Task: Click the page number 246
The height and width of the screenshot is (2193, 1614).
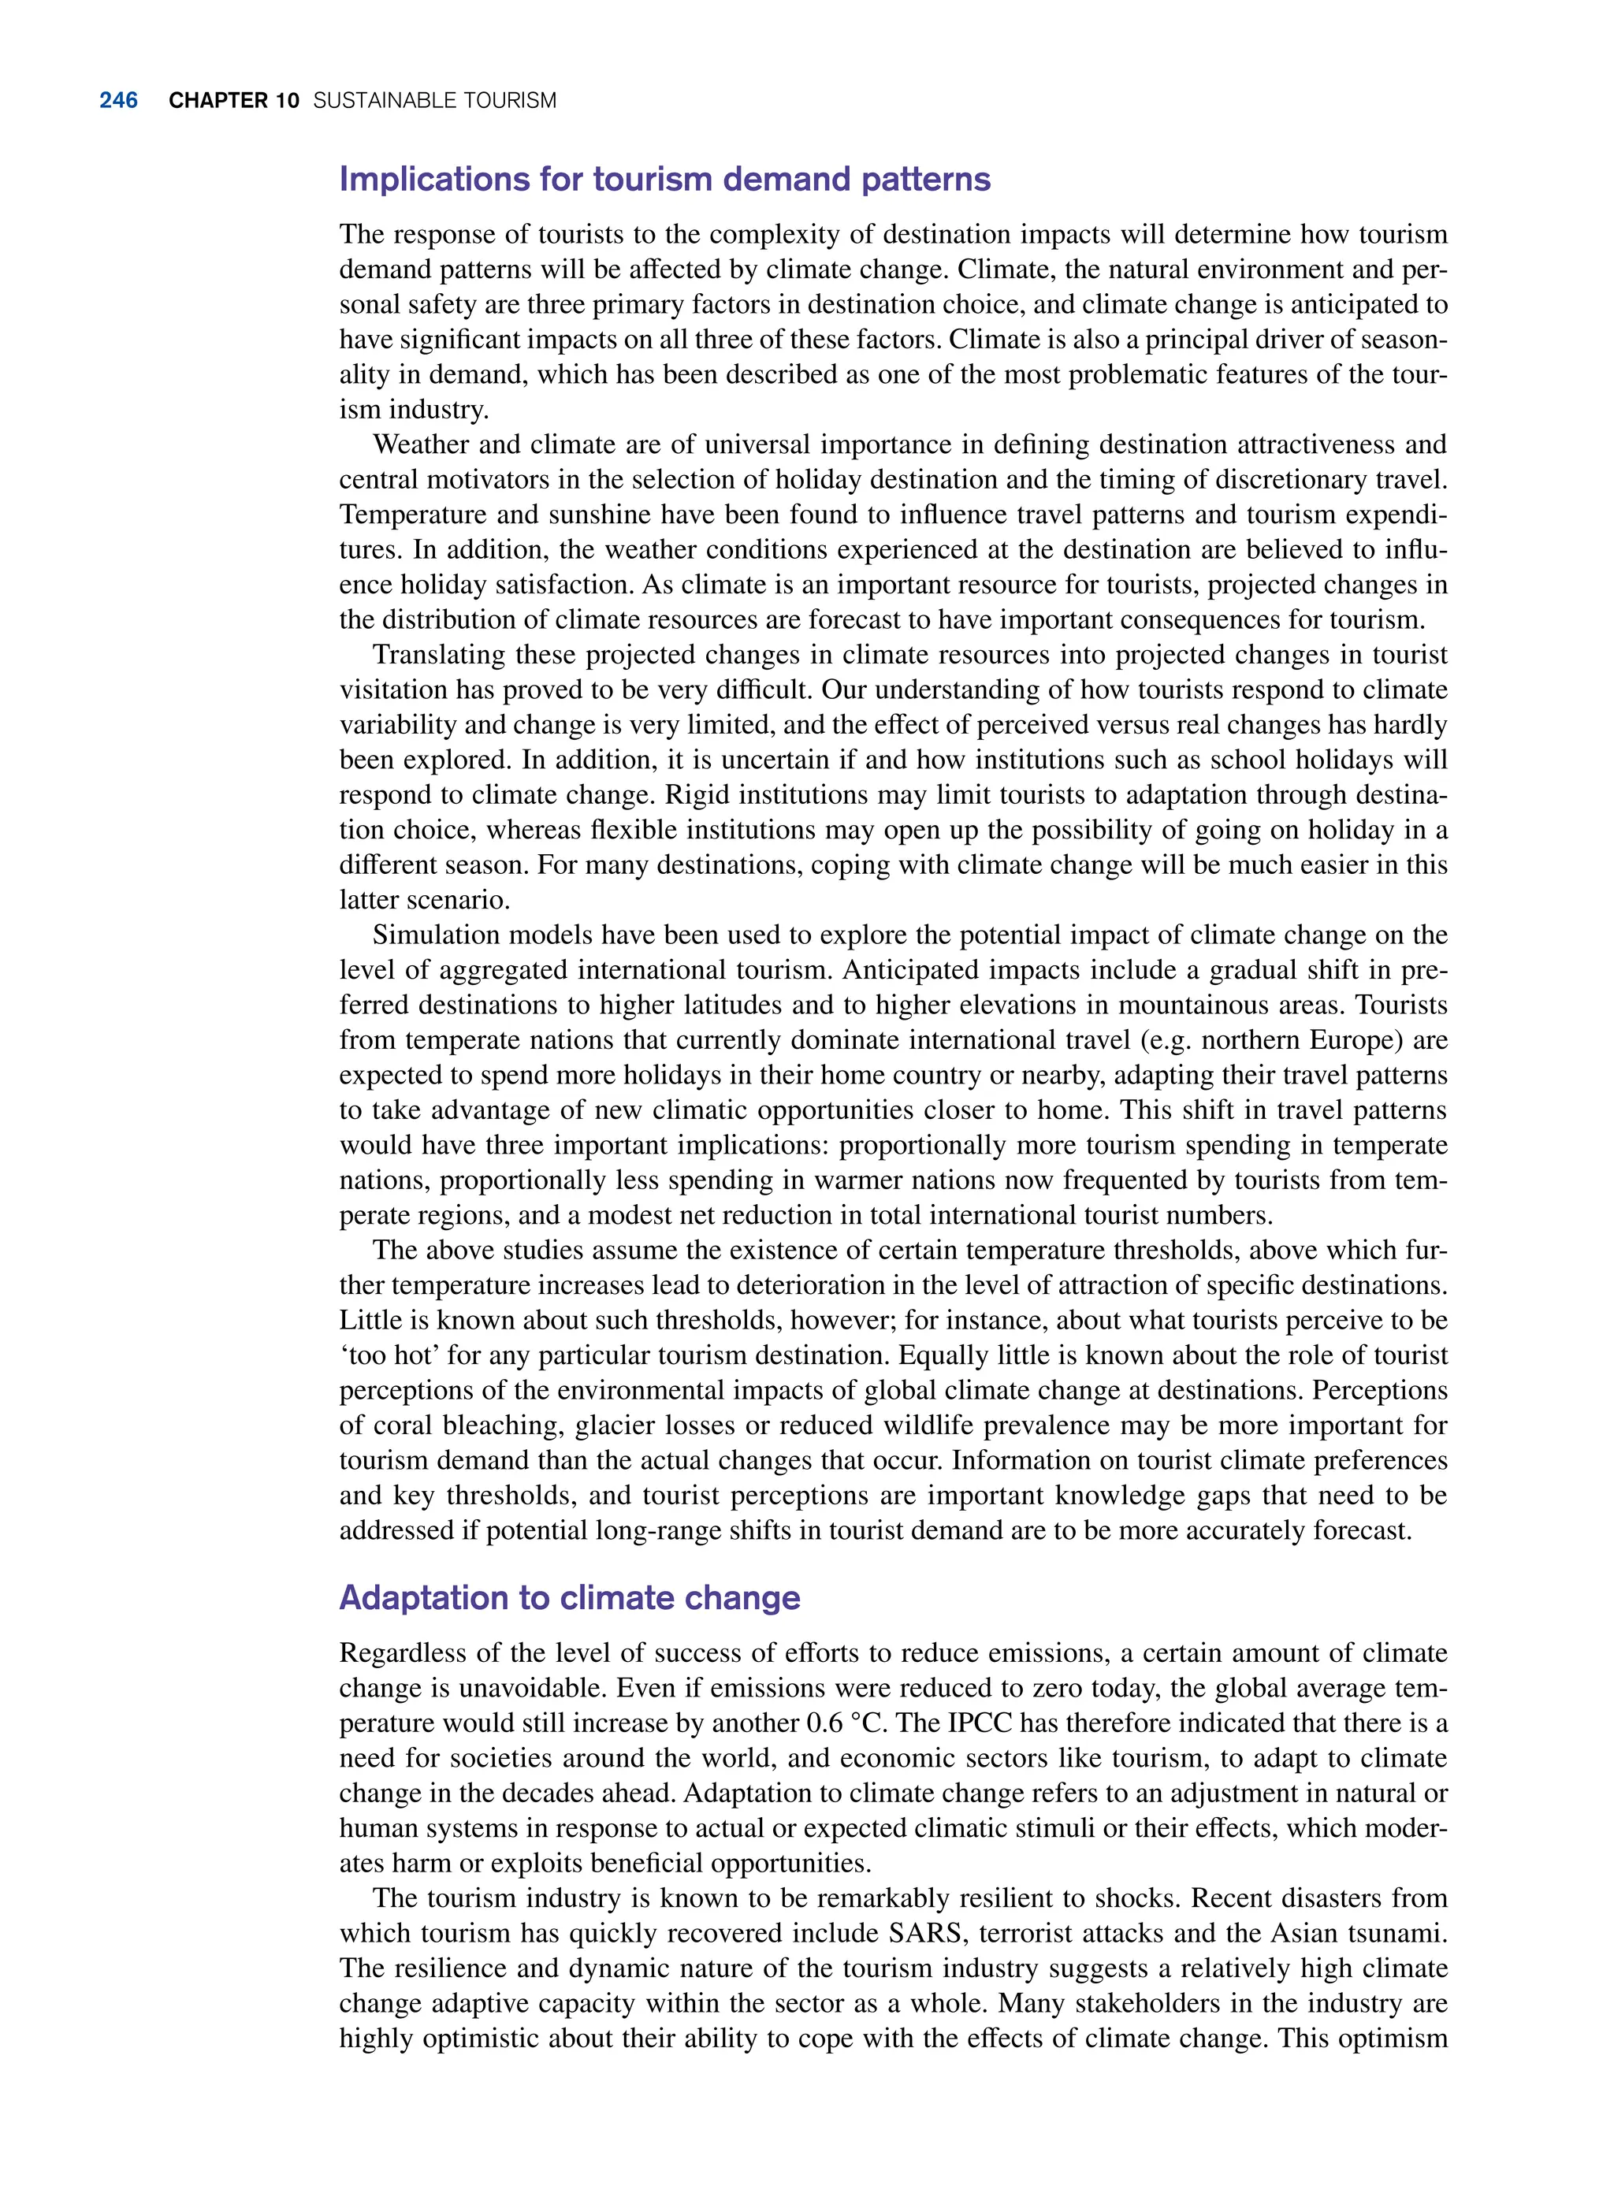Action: (x=118, y=101)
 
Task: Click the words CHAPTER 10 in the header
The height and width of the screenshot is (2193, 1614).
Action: (x=233, y=101)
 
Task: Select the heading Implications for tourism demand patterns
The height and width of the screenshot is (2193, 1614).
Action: (x=664, y=180)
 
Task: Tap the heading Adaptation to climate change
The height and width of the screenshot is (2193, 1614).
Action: (x=570, y=1598)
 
